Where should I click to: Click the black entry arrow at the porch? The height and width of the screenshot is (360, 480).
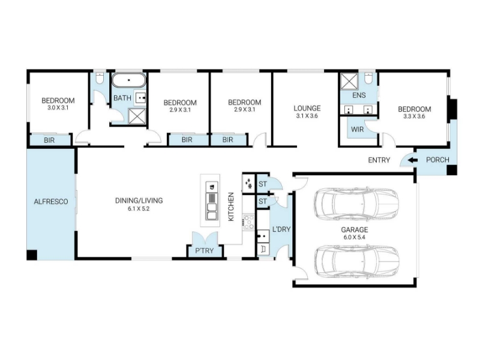[x=413, y=160]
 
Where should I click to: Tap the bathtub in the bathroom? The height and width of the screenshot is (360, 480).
[x=129, y=80]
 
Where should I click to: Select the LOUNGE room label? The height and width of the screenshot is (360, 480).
[x=307, y=108]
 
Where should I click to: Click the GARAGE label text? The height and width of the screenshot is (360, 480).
[x=355, y=230]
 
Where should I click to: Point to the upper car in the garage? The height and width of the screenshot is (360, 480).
[x=356, y=204]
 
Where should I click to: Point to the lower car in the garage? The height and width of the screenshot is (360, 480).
[x=356, y=262]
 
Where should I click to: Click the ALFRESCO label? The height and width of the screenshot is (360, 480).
[x=51, y=202]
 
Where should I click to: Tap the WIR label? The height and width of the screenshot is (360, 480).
[x=357, y=129]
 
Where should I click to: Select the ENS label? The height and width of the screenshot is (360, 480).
[x=359, y=95]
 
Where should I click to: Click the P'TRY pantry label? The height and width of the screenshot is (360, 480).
[x=205, y=251]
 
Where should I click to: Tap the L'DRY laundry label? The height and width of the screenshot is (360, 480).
[x=281, y=229]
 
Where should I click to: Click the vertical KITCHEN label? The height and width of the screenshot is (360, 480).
[x=231, y=206]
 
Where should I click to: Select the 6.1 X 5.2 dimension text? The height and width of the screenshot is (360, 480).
[x=139, y=209]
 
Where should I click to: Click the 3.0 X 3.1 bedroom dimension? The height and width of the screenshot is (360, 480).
[x=58, y=108]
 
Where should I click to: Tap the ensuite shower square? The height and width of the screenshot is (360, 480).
[x=349, y=81]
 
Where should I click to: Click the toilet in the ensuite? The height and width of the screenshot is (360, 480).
[x=368, y=79]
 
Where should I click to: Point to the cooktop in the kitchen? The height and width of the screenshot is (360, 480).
[x=248, y=222]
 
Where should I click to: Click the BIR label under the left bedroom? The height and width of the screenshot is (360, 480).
[x=49, y=140]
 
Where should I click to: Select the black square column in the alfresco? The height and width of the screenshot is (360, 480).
[x=32, y=255]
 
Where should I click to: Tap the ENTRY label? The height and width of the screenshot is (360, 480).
[x=379, y=160]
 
